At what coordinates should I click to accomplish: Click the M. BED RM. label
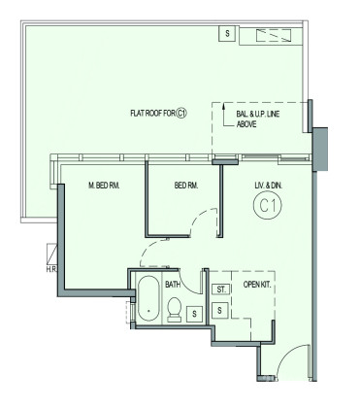(x=104, y=186)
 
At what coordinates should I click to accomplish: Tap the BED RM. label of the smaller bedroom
(x=186, y=186)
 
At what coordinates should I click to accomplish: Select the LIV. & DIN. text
(x=269, y=186)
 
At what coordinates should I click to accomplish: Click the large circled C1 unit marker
(x=268, y=206)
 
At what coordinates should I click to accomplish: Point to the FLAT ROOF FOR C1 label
(x=159, y=114)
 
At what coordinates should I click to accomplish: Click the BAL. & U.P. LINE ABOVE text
(x=258, y=119)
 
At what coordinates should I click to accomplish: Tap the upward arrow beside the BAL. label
(x=224, y=115)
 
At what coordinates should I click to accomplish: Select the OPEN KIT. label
(x=257, y=285)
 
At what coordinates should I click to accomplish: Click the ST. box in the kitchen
(x=221, y=289)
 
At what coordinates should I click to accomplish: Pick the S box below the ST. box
(x=220, y=310)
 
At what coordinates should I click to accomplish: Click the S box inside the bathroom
(x=194, y=314)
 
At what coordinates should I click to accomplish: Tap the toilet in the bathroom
(x=175, y=310)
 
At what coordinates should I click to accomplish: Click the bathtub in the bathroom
(x=148, y=298)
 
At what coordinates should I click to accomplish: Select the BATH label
(x=173, y=285)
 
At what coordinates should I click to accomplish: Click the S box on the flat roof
(x=227, y=33)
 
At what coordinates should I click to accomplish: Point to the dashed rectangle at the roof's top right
(x=274, y=35)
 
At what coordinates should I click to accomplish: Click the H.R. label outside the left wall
(x=51, y=269)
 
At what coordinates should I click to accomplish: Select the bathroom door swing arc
(x=189, y=285)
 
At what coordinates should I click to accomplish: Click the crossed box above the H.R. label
(x=51, y=255)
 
